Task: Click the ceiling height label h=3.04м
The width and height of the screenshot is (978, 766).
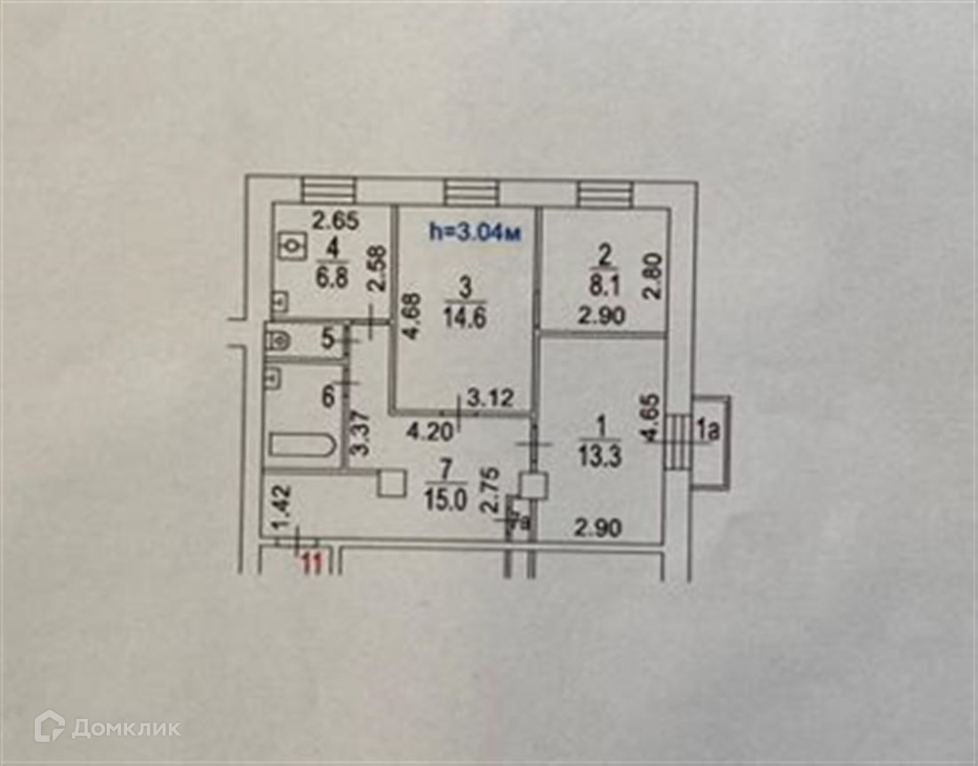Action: [474, 232]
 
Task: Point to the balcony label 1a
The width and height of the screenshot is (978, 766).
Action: [708, 433]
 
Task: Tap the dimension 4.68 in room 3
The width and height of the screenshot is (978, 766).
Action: [410, 317]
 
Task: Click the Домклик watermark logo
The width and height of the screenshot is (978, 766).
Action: [108, 727]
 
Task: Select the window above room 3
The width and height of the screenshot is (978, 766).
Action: [471, 192]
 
